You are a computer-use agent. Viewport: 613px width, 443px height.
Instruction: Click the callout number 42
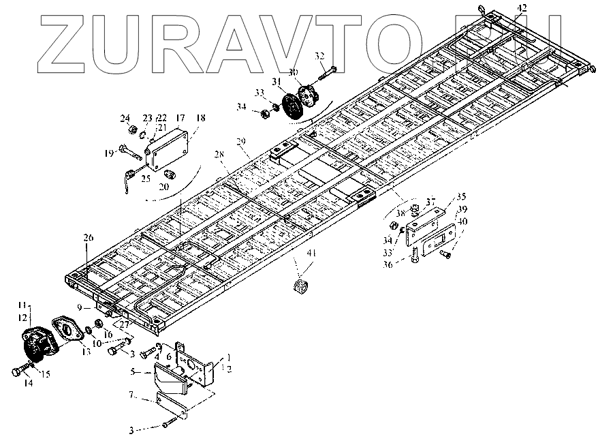pyautogui.click(x=522, y=7)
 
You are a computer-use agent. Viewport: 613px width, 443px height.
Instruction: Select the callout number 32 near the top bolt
pyautogui.click(x=319, y=55)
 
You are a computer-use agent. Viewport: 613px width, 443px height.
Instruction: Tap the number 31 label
pyautogui.click(x=277, y=81)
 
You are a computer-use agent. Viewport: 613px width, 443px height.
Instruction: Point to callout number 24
pyautogui.click(x=125, y=117)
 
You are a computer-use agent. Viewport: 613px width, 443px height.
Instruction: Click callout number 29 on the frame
pyautogui.click(x=241, y=141)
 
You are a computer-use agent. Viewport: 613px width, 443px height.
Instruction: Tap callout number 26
pyautogui.click(x=87, y=238)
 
